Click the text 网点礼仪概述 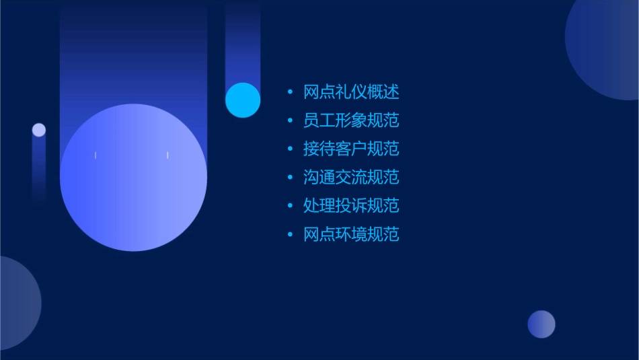351,92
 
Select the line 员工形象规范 351,120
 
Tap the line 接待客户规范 351,149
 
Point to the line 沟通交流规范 351,177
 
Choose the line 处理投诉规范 351,205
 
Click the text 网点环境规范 351,234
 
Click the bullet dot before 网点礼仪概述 290,92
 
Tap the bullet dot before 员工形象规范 290,120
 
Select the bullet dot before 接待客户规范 290,149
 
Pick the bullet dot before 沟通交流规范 290,177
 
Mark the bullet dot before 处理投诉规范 290,205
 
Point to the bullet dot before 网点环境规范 290,234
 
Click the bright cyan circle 243,100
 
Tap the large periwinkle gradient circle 133,178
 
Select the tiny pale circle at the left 39,130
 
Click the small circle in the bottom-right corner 541,324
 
